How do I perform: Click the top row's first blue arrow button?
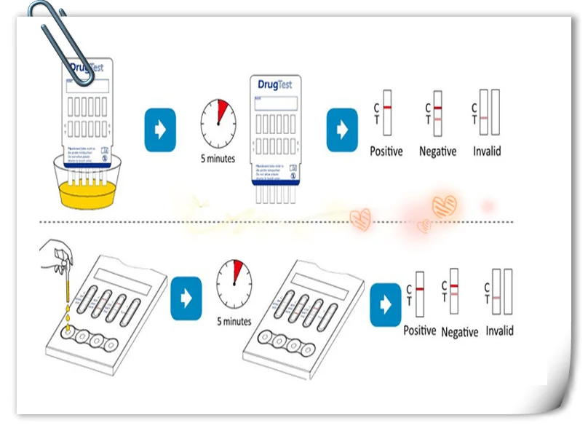pyautogui.click(x=160, y=130)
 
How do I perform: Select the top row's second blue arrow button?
pyautogui.click(x=341, y=130)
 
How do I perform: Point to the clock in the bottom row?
pyautogui.click(x=234, y=283)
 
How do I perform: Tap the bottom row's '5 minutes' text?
pyautogui.click(x=234, y=321)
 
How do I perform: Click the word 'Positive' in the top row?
pyautogui.click(x=386, y=151)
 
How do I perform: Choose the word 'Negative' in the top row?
pyautogui.click(x=437, y=151)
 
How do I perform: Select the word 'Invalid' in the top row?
pyautogui.click(x=486, y=151)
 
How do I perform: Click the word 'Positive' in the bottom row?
pyautogui.click(x=420, y=331)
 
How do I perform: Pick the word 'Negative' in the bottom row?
pyautogui.click(x=460, y=332)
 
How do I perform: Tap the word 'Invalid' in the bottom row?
pyautogui.click(x=500, y=331)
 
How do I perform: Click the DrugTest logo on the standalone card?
pyautogui.click(x=275, y=84)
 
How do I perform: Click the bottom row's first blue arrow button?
pyautogui.click(x=186, y=298)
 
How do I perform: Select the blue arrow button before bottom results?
pyautogui.click(x=385, y=304)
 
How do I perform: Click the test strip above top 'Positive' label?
pyautogui.click(x=387, y=112)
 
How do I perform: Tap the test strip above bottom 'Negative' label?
pyautogui.click(x=454, y=290)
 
